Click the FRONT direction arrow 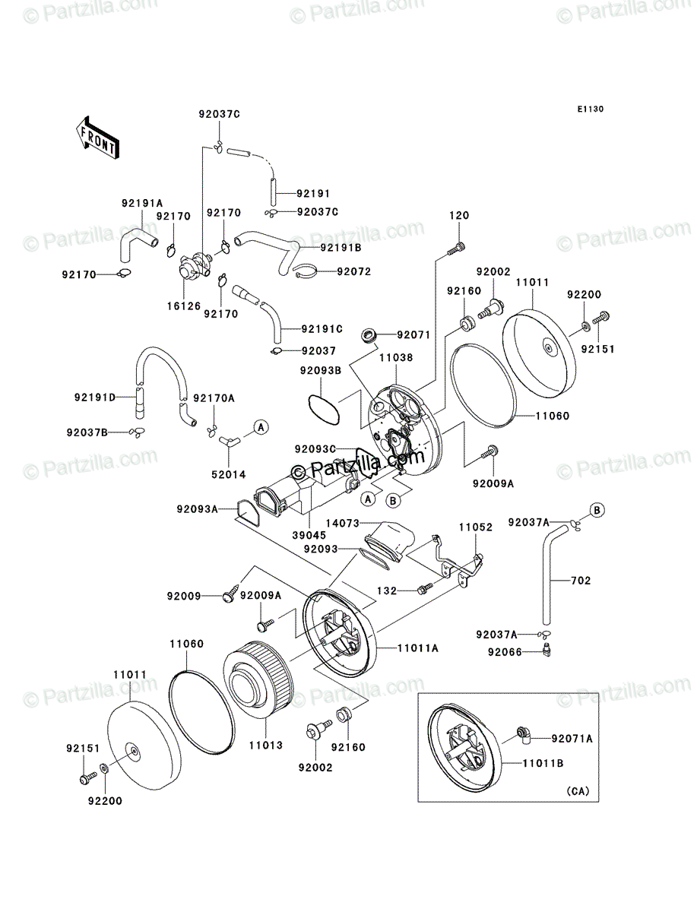(x=97, y=137)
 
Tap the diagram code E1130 (x=590, y=109)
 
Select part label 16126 (x=184, y=306)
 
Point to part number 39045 (x=309, y=535)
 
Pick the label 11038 (x=396, y=357)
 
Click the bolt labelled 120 (x=456, y=249)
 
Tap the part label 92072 (x=354, y=271)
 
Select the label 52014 (x=229, y=474)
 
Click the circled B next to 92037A (x=597, y=510)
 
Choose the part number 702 (x=581, y=581)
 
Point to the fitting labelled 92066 (x=547, y=651)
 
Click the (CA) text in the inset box (x=578, y=791)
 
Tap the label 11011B (x=543, y=763)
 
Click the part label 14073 (x=343, y=523)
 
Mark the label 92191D (x=95, y=397)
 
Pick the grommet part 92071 (x=369, y=334)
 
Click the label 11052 (x=476, y=527)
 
